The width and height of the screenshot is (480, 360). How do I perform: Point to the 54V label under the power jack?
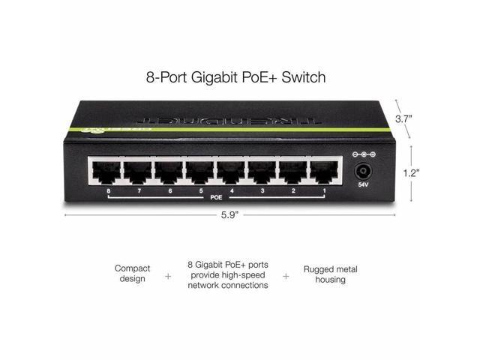point(362,184)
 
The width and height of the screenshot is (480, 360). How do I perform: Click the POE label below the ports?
point(216,197)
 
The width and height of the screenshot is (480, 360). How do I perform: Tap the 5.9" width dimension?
point(229,215)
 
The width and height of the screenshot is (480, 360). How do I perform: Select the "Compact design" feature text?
point(133,274)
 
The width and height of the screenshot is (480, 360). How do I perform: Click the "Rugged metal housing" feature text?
point(325,274)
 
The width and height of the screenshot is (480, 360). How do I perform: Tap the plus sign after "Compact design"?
point(168,275)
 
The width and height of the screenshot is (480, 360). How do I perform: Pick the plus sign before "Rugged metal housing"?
point(286,275)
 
